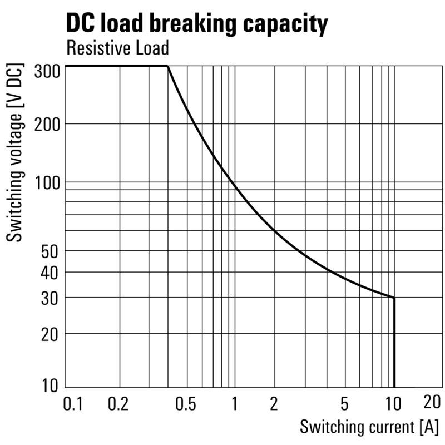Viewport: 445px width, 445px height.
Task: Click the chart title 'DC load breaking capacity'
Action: click(197, 24)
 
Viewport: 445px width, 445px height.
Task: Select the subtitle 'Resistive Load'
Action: click(117, 48)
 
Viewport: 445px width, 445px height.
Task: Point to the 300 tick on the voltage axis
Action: click(47, 71)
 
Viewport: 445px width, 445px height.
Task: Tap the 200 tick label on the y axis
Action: click(47, 124)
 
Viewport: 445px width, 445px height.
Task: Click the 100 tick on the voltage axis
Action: click(48, 183)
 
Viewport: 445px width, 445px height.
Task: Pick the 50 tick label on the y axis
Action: click(50, 251)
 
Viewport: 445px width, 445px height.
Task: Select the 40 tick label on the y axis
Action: click(50, 273)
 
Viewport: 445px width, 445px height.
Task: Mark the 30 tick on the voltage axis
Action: click(50, 299)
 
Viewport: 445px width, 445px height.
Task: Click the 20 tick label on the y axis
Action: click(50, 335)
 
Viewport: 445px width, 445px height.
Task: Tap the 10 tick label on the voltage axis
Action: click(50, 385)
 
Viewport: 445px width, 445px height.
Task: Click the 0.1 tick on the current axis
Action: click(73, 404)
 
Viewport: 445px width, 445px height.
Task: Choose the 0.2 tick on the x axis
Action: click(118, 404)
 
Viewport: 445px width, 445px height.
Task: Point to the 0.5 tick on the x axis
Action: click(186, 404)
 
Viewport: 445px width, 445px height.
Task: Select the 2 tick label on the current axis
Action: click(274, 404)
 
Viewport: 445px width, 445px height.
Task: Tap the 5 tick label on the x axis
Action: click(344, 404)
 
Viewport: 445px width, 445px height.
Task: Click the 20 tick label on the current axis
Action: click(432, 402)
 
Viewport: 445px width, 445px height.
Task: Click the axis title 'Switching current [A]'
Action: click(369, 427)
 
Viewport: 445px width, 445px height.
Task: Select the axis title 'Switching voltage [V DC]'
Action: click(14, 152)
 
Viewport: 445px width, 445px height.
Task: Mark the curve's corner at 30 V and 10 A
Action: click(394, 298)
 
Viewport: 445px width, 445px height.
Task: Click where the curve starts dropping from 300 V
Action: click(168, 66)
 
